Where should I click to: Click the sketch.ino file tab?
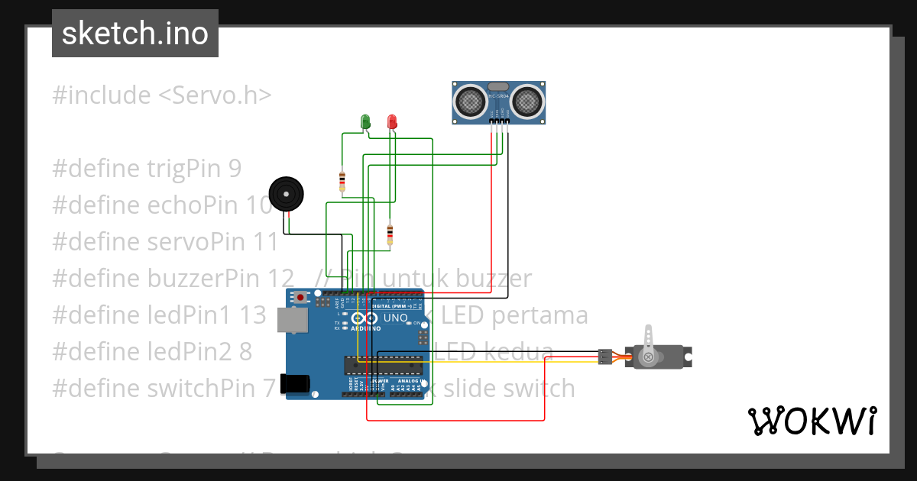134,34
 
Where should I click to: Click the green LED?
365,121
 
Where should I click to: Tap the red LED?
392,121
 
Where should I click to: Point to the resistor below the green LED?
342,182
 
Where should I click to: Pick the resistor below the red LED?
390,233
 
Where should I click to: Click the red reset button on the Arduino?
302,297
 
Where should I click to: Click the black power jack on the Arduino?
294,383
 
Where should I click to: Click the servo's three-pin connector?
604,356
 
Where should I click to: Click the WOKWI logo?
811,421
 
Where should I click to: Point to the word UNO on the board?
395,318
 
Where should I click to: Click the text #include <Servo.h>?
162,95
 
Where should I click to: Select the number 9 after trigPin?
235,169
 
